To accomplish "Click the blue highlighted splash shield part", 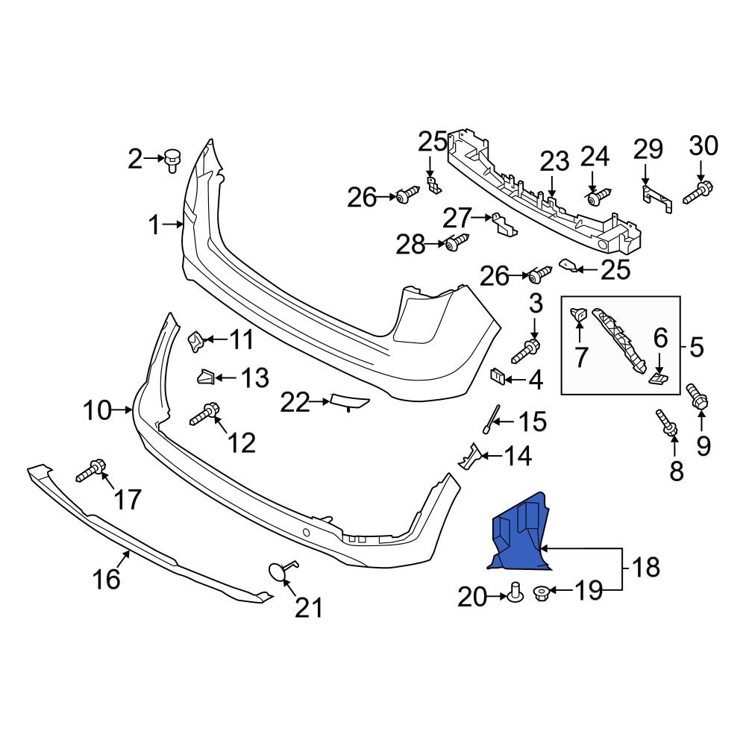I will tap(519, 536).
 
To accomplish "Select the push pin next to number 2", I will tap(173, 159).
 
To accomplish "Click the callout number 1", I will tap(154, 225).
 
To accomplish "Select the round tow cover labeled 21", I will tap(278, 571).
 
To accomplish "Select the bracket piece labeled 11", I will tap(195, 342).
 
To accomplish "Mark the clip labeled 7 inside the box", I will tap(579, 317).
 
